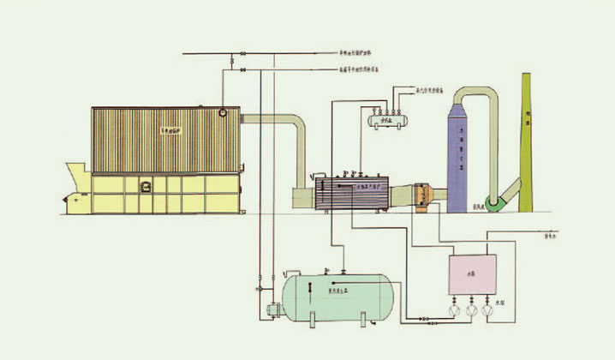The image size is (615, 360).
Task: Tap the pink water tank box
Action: (x=474, y=275)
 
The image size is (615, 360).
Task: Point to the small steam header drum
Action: (x=385, y=119)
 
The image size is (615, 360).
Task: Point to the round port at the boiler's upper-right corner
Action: (x=224, y=111)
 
